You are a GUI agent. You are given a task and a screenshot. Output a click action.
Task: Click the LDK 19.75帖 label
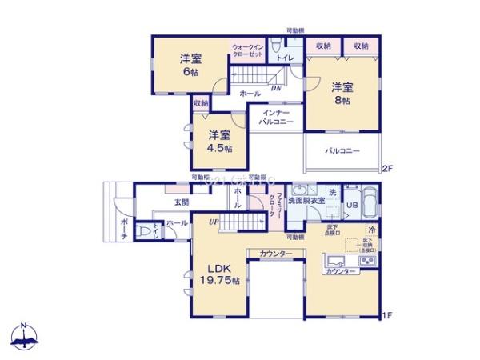(214, 274)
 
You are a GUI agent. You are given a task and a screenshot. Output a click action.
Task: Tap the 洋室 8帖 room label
(342, 94)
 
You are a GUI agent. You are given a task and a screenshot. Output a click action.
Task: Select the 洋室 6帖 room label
(190, 65)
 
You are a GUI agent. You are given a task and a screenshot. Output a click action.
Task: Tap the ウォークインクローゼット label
(248, 50)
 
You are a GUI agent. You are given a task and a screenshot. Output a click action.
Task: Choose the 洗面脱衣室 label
(306, 200)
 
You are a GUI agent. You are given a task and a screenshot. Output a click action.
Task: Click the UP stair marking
(213, 222)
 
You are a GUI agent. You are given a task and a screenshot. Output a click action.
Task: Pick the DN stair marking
(274, 89)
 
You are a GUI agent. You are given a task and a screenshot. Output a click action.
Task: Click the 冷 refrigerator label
(372, 231)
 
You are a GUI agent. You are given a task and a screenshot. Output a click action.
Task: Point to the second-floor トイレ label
(285, 58)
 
